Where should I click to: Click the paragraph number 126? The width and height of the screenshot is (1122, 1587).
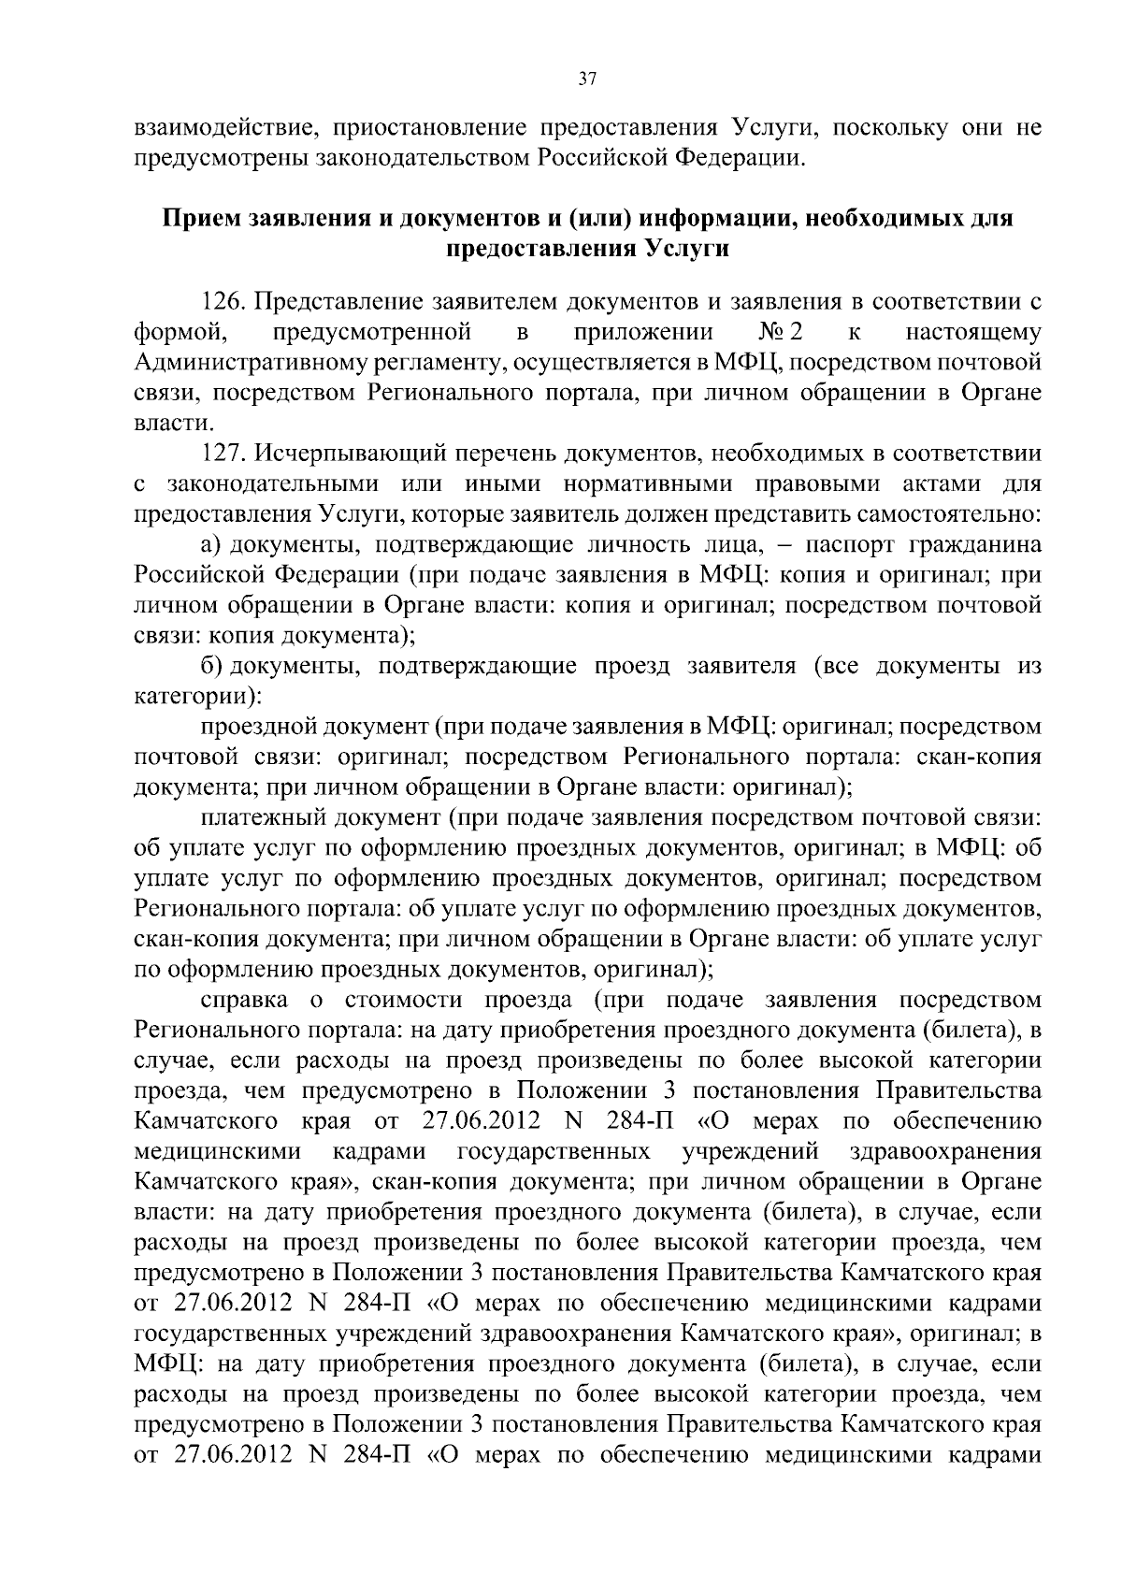coord(225,302)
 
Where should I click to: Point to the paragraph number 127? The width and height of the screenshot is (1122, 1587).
coord(225,454)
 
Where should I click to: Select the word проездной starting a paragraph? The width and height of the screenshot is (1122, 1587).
coord(260,727)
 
